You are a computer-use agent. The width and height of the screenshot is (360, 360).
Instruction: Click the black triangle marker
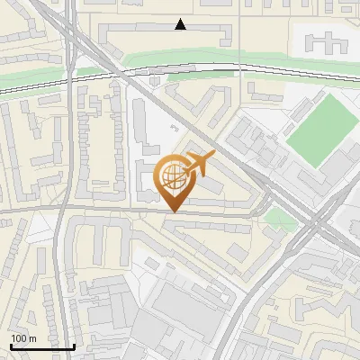pos(181,24)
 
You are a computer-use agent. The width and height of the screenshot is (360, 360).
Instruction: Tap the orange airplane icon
pos(196,165)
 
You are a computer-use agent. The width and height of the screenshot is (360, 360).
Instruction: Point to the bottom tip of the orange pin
pos(173,212)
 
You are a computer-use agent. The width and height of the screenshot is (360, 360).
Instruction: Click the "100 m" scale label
pos(22,338)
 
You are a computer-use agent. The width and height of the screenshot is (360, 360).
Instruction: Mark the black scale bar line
pos(42,346)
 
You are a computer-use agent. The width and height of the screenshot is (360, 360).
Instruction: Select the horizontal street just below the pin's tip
pos(135,212)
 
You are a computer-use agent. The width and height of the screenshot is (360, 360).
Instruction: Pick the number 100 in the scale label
pos(19,338)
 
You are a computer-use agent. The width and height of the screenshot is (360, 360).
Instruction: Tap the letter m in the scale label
pos(31,338)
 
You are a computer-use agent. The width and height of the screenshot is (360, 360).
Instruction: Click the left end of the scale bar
pos(11,346)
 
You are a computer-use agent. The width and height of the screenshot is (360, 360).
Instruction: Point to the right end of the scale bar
pos(74,346)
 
